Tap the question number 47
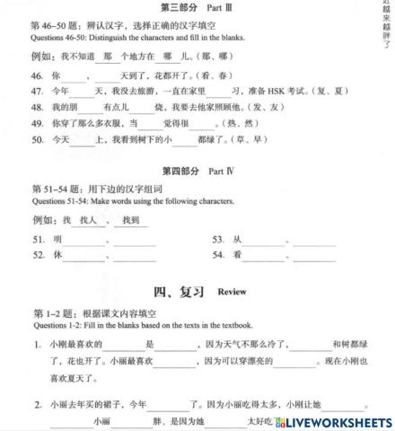[37, 92]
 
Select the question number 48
[37, 106]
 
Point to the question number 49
[37, 122]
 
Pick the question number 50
[37, 139]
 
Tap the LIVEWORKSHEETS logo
[338, 420]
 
